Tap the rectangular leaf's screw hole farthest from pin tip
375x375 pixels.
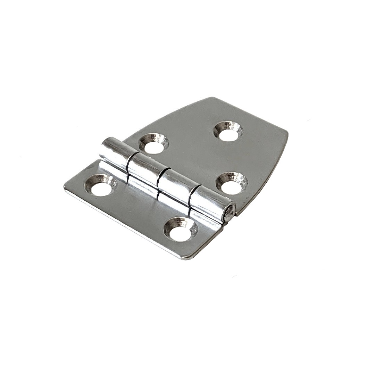tap(100, 185)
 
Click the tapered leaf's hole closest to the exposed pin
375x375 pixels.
tap(232, 183)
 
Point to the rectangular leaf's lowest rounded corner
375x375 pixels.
tap(186, 257)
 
